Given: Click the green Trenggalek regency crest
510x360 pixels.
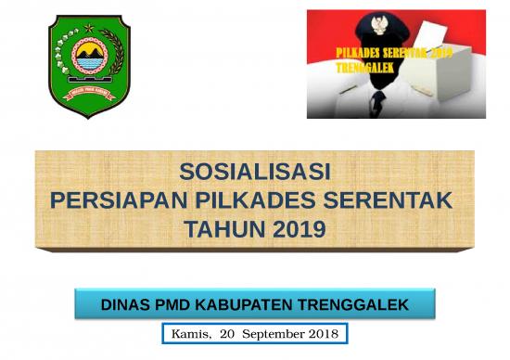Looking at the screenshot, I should [x=89, y=66].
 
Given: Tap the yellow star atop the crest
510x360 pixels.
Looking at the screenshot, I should [x=89, y=27].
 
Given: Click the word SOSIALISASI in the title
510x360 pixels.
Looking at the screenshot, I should [x=255, y=172].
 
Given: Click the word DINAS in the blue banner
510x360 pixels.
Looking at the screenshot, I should [x=125, y=304].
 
